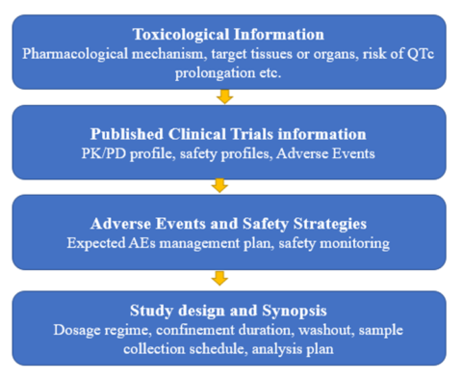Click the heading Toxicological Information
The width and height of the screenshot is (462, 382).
tap(229, 34)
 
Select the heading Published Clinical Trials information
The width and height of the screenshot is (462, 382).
tap(229, 133)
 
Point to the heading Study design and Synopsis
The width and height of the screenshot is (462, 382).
tap(229, 311)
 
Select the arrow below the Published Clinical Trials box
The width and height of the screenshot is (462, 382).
tap(220, 185)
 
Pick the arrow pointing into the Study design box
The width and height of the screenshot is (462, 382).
tap(220, 278)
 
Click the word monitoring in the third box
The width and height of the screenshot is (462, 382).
tap(355, 243)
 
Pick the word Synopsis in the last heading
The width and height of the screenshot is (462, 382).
tap(298, 311)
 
